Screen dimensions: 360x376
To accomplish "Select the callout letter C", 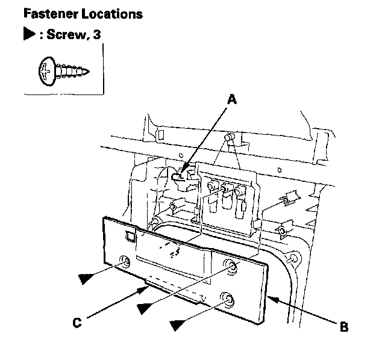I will [77, 323].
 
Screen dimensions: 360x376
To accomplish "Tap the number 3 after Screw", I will [96, 35].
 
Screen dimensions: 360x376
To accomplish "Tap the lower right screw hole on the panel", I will [227, 299].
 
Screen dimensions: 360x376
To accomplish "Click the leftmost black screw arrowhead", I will [89, 278].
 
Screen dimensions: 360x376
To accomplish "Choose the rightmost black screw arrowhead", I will [181, 325].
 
